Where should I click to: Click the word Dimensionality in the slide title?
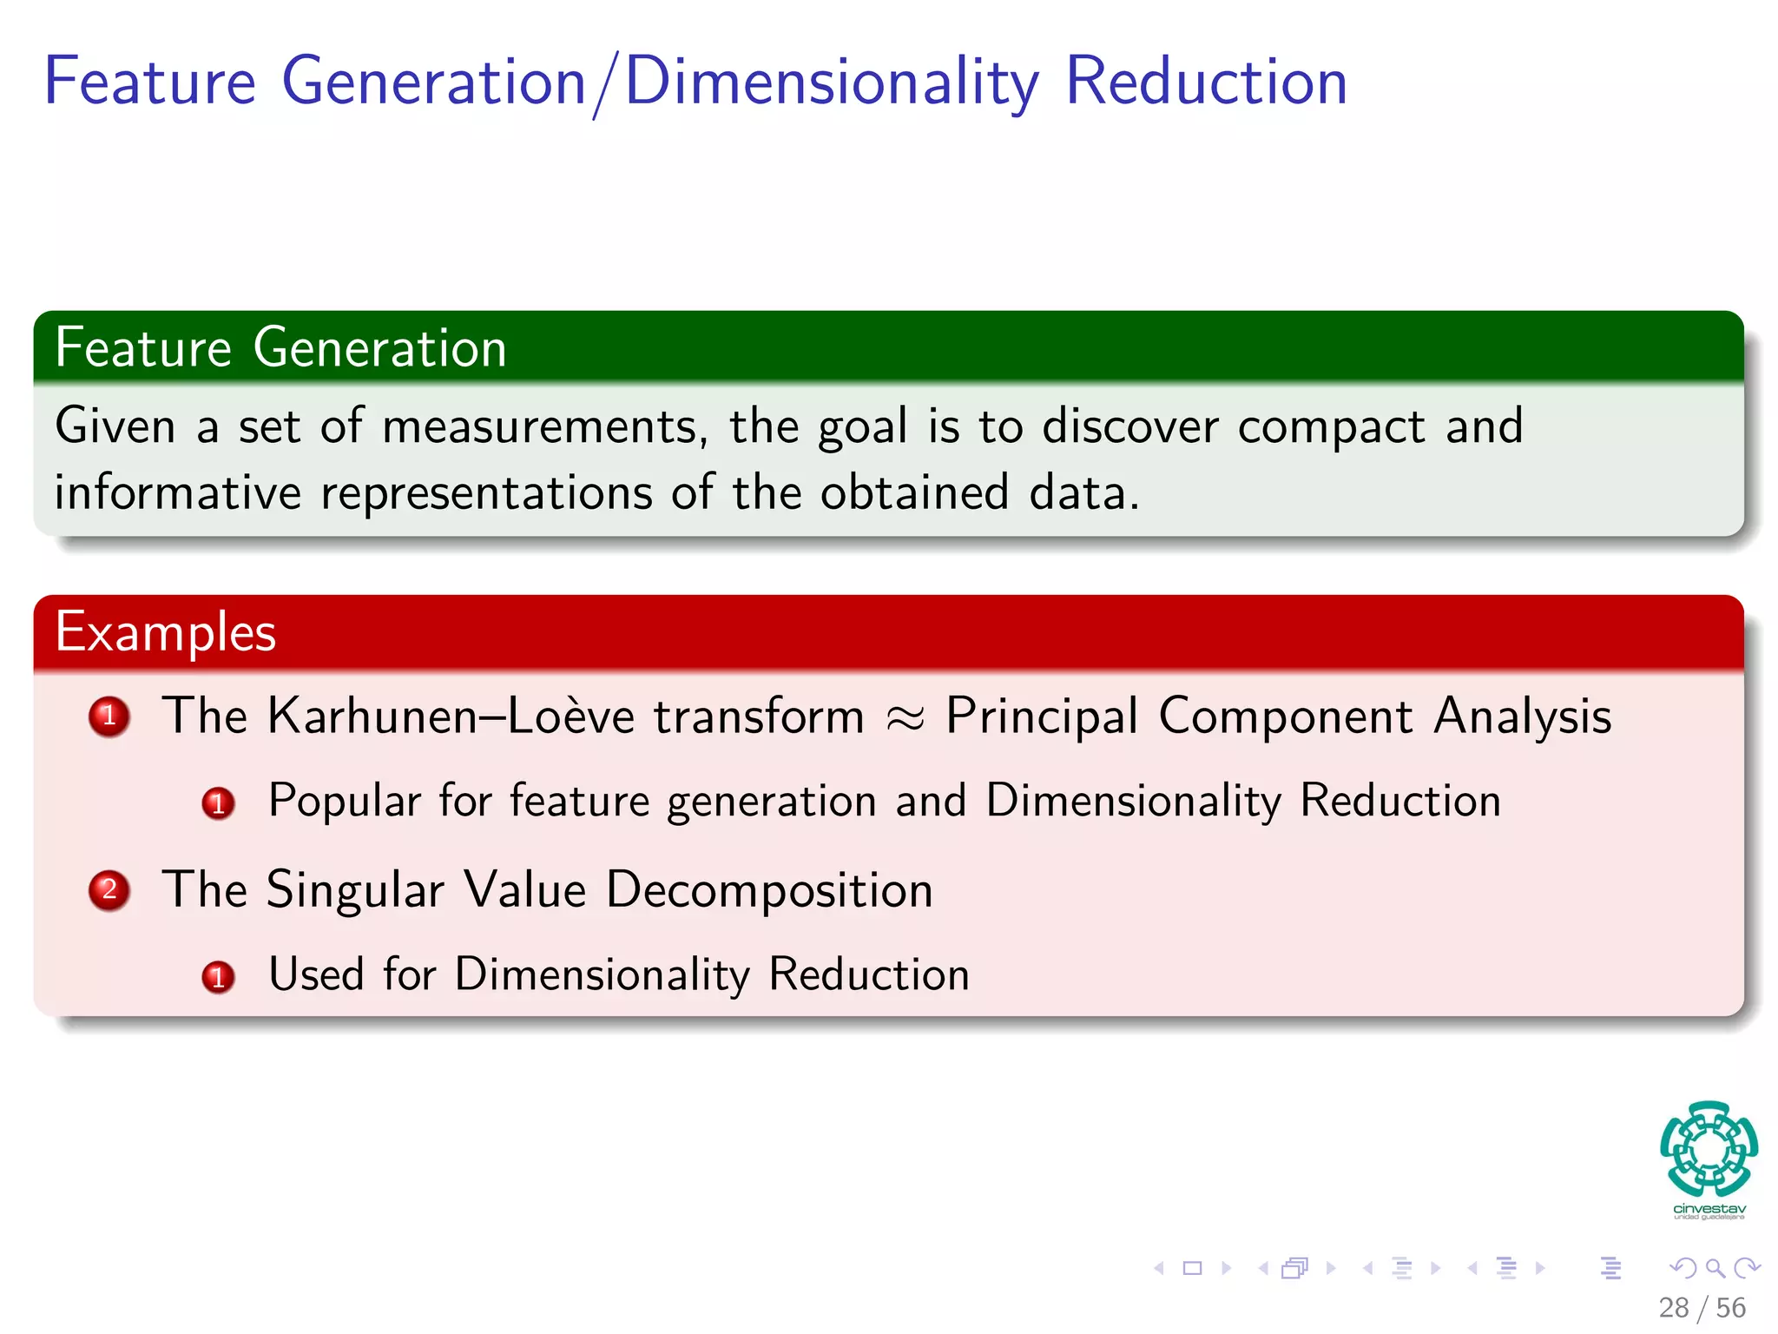(832, 83)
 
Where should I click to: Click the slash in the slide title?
(606, 84)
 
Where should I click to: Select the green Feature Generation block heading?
(280, 348)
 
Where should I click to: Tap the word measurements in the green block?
(539, 426)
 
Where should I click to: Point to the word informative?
(178, 492)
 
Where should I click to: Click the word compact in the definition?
(1331, 427)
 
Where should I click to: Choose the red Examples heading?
(166, 632)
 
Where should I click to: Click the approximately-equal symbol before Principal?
(905, 718)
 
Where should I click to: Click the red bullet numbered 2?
(109, 890)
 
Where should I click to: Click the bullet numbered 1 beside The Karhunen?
(109, 717)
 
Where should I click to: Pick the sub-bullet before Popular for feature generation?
(218, 803)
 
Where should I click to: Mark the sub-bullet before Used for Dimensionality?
(218, 977)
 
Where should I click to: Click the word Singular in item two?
(355, 890)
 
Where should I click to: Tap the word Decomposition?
(769, 890)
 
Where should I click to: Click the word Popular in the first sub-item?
(345, 801)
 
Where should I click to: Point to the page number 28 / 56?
(1702, 1308)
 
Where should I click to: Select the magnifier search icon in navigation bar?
(1715, 1268)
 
